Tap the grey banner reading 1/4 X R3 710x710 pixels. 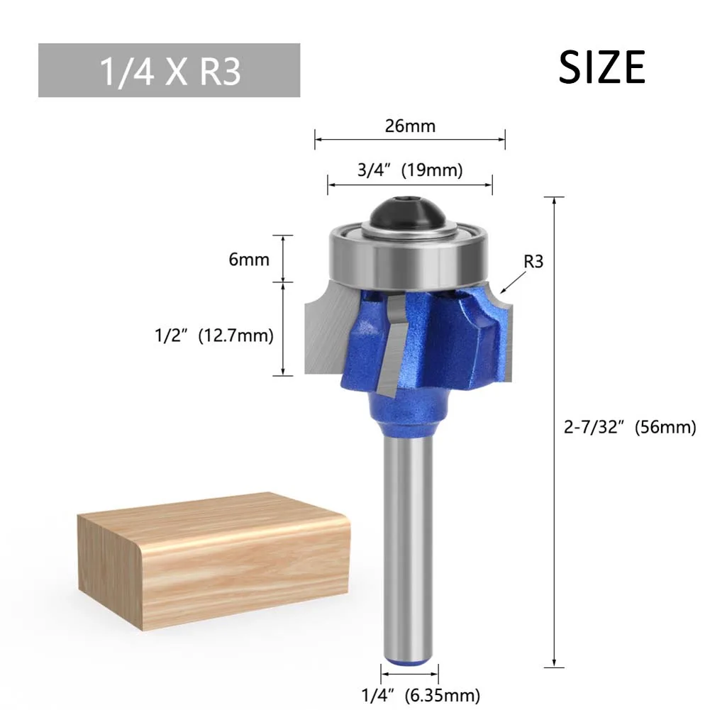point(169,70)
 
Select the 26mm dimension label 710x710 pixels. point(410,126)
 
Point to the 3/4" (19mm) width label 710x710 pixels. point(410,170)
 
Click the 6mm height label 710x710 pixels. point(249,260)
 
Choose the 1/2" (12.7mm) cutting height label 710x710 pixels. point(214,335)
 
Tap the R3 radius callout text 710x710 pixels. point(533,261)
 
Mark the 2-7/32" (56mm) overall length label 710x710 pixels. point(630,427)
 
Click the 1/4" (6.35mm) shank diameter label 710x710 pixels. point(421,695)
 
